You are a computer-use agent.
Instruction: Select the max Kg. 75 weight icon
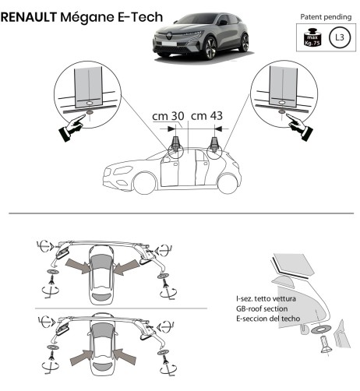click(x=310, y=37)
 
